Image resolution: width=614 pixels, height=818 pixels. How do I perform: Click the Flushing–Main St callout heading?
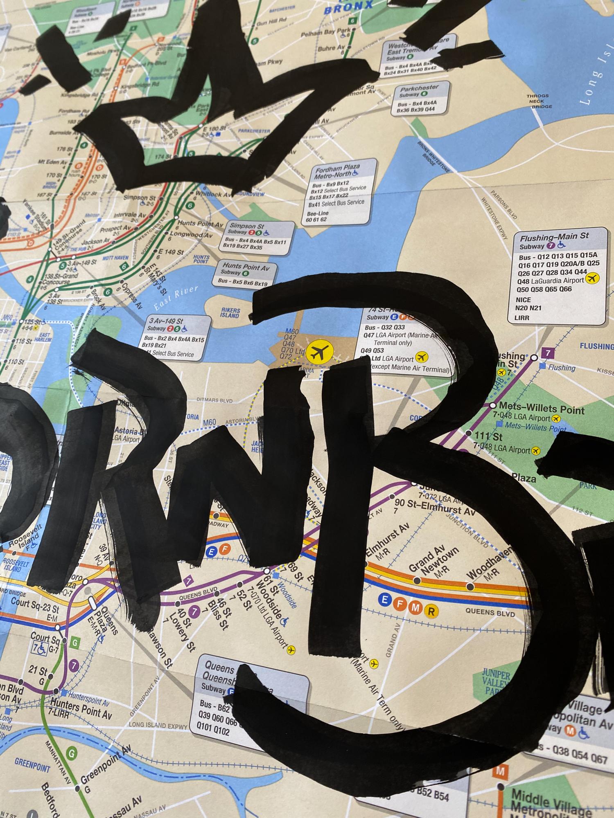tap(554, 236)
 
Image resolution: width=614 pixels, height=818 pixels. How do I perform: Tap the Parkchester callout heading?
tap(419, 88)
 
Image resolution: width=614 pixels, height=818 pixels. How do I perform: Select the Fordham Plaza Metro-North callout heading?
tap(336, 171)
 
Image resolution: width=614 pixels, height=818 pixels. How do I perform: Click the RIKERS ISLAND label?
tap(229, 313)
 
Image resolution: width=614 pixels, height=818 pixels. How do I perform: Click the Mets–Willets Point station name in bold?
tap(542, 409)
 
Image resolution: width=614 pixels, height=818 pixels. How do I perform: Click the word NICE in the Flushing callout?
tap(524, 300)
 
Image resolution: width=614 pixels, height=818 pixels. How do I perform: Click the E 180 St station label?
tap(214, 130)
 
